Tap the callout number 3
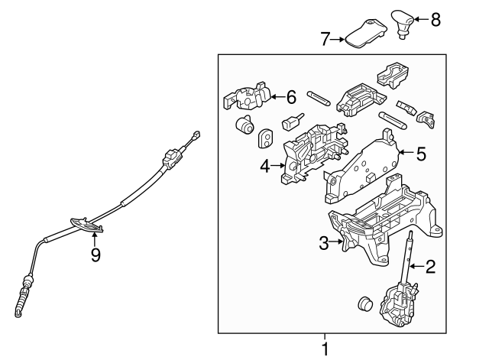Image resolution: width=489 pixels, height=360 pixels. point(324,243)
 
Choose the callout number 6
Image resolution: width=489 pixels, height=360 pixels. point(290,96)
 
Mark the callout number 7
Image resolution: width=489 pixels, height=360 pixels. point(324,38)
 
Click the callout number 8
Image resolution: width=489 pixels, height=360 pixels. point(436,20)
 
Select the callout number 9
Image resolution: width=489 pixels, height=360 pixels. point(96,255)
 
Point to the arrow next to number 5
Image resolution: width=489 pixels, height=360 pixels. point(404,154)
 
